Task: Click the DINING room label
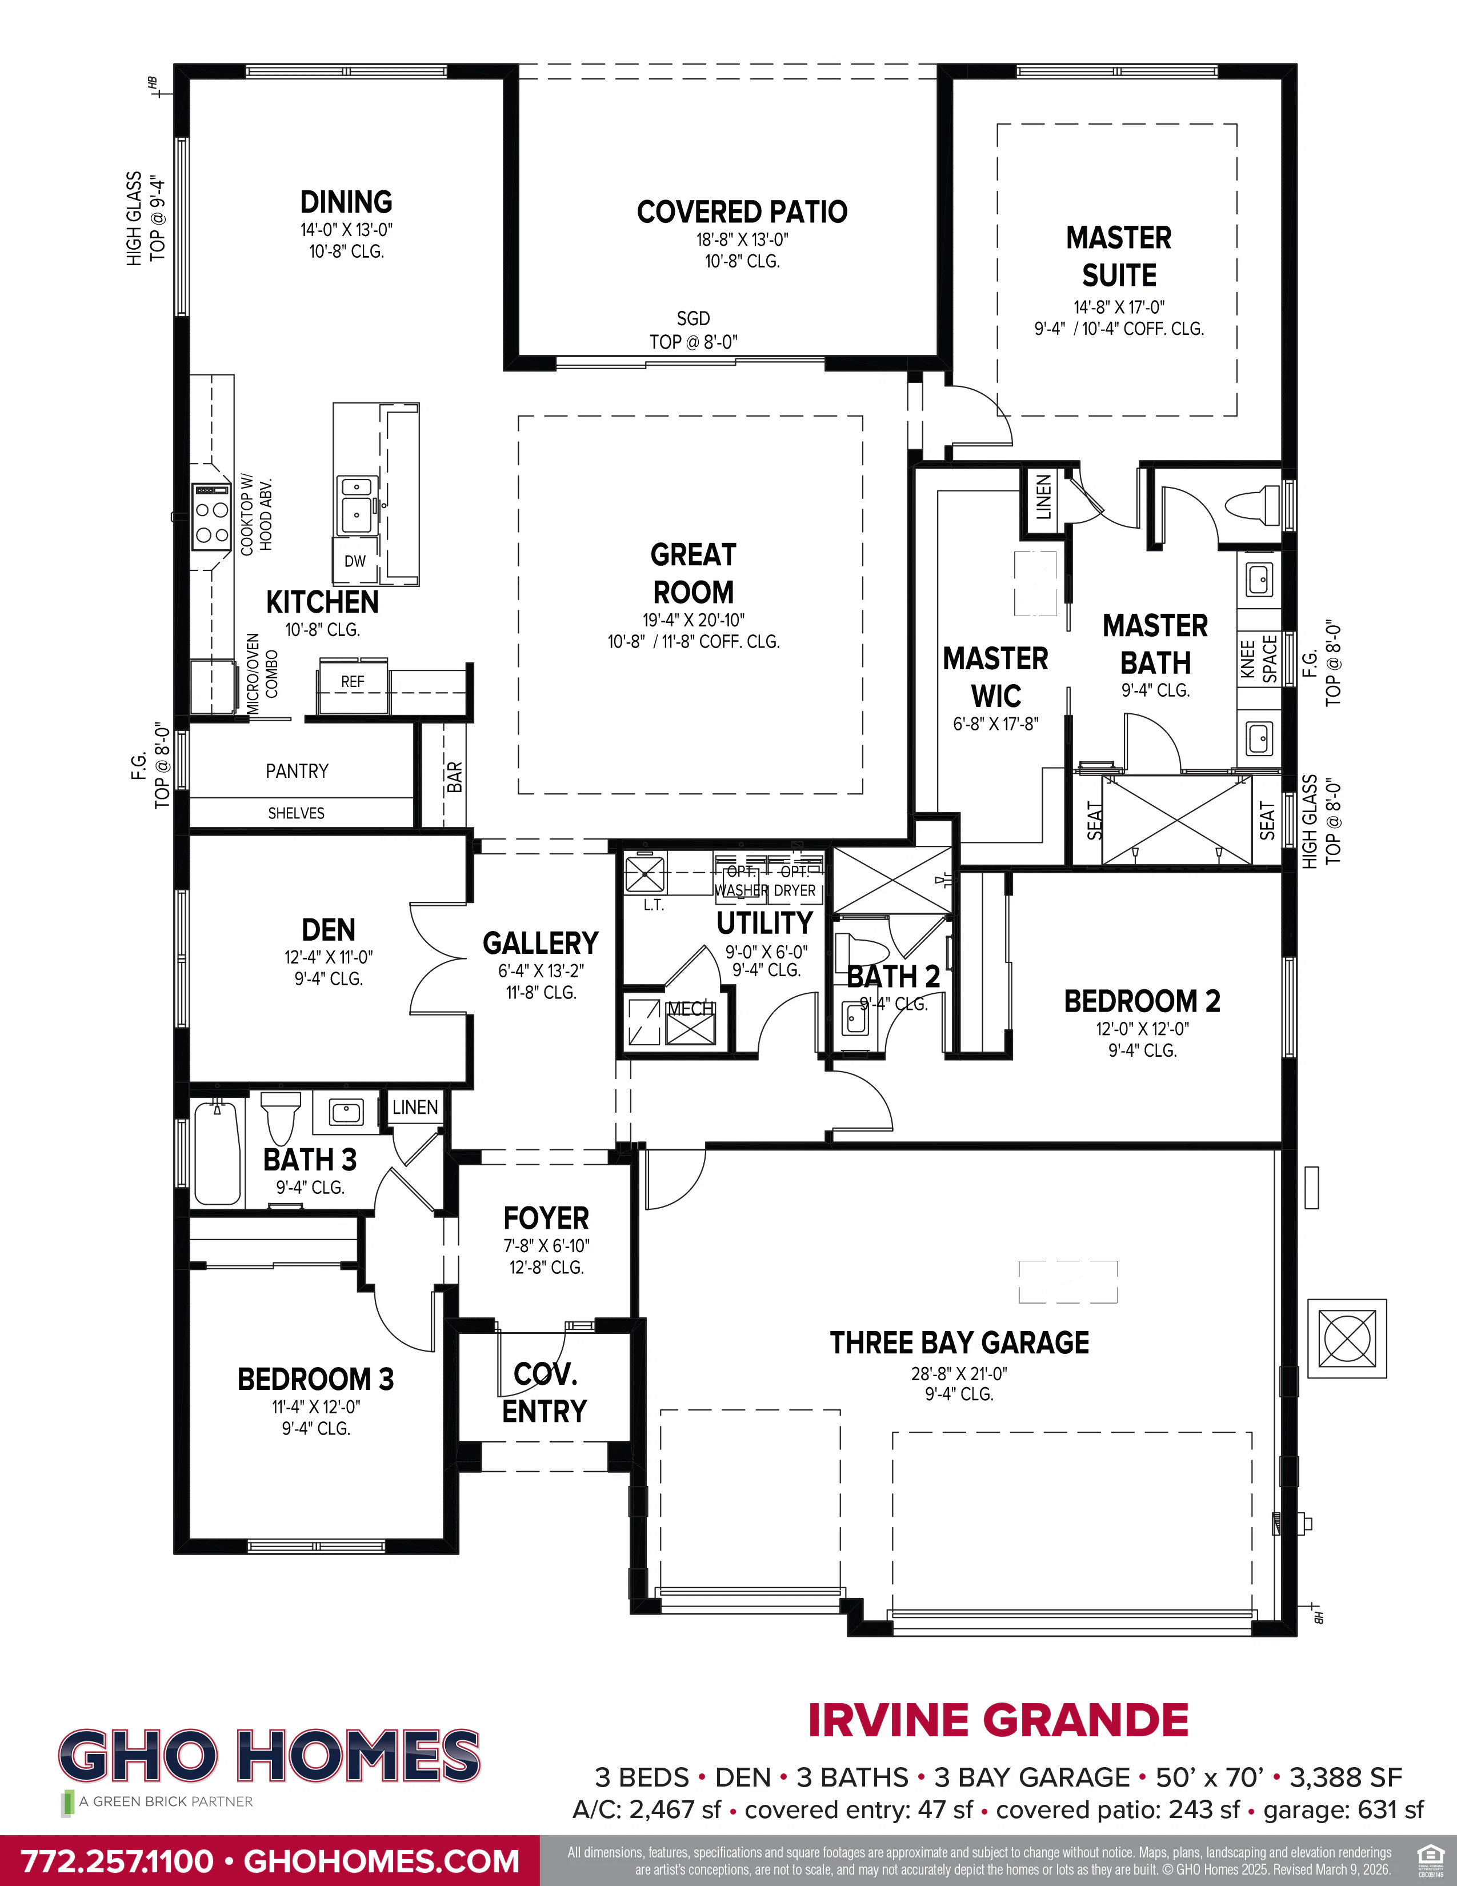pyautogui.click(x=346, y=202)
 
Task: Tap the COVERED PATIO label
pyautogui.click(x=742, y=211)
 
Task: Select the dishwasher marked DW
pyautogui.click(x=355, y=561)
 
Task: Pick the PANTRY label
pyautogui.click(x=297, y=771)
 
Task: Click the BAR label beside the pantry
pyautogui.click(x=455, y=777)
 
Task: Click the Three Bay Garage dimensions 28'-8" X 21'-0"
pyautogui.click(x=959, y=1373)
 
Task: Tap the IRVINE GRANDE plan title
pyautogui.click(x=998, y=1720)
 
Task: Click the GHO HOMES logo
pyautogui.click(x=269, y=1756)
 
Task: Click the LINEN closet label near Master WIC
pyautogui.click(x=1043, y=497)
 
